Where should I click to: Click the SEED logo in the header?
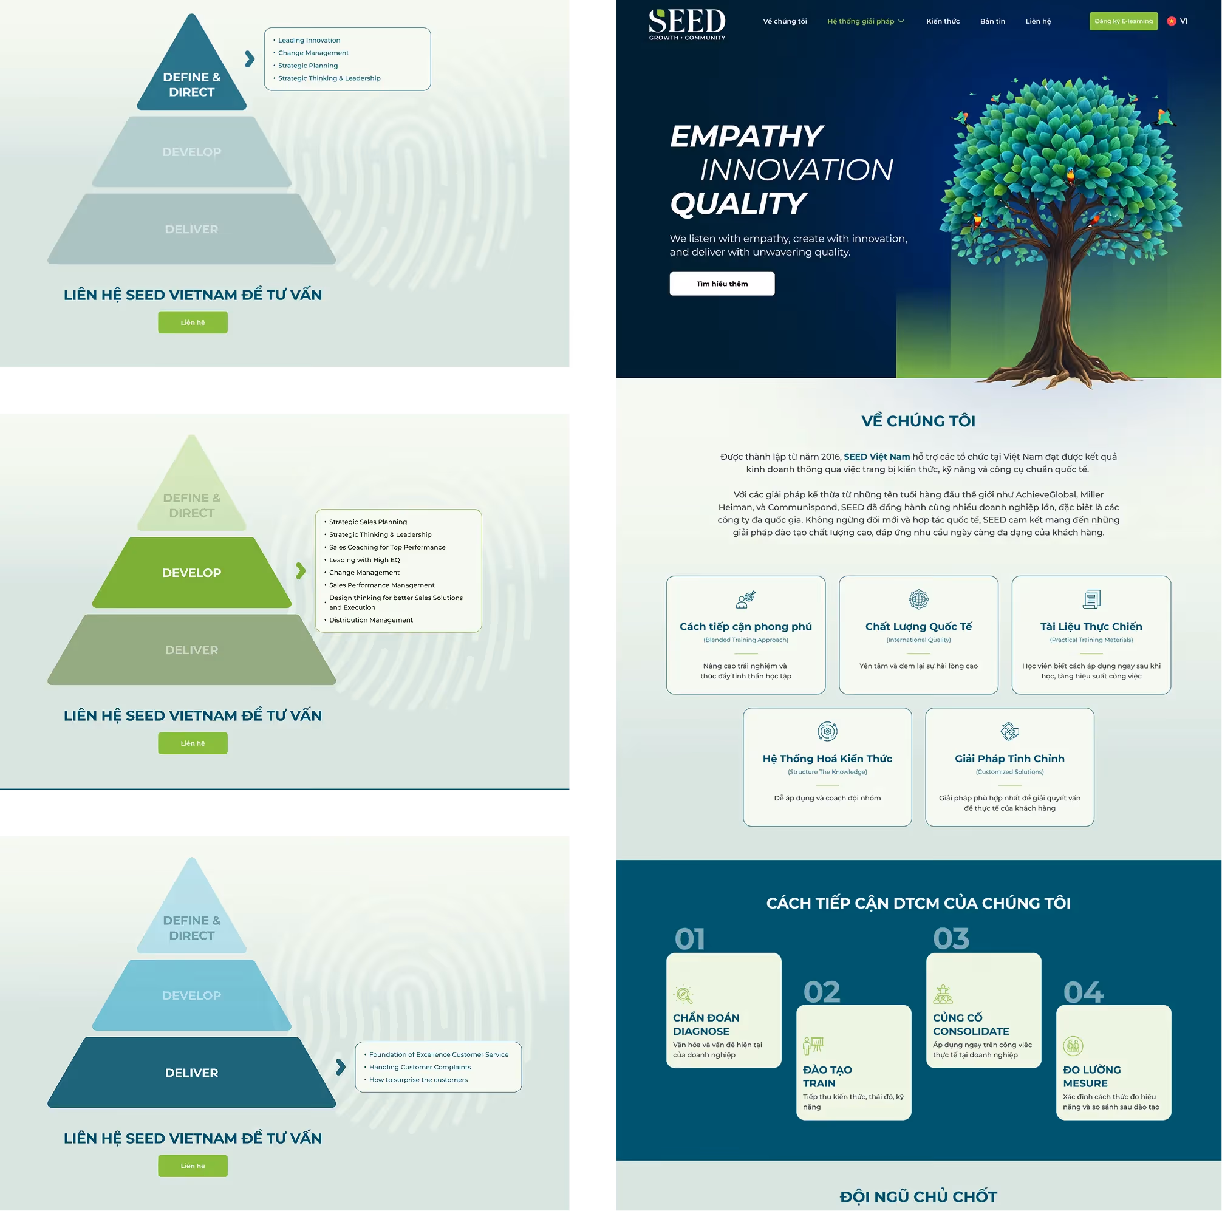point(687,24)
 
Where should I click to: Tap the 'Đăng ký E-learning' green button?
point(1124,21)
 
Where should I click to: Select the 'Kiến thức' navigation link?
point(943,21)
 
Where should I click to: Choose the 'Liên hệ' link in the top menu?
point(1038,21)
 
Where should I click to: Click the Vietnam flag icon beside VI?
point(1172,21)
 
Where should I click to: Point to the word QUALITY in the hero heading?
point(737,203)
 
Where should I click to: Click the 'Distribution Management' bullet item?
point(370,619)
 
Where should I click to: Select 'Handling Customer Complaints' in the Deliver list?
point(420,1067)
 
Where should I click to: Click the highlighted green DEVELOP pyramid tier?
point(192,572)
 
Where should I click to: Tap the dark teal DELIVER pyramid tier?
point(192,1073)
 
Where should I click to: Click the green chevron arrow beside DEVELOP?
point(301,571)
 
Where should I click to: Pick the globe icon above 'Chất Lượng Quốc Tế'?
point(918,598)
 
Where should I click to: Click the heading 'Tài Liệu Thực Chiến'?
point(1091,626)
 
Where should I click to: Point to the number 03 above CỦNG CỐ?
point(951,939)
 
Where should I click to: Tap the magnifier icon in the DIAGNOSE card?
point(684,995)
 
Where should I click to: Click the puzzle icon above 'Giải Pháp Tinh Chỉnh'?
point(1009,731)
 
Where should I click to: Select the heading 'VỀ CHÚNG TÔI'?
point(918,421)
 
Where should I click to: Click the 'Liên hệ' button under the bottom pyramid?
point(193,1165)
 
